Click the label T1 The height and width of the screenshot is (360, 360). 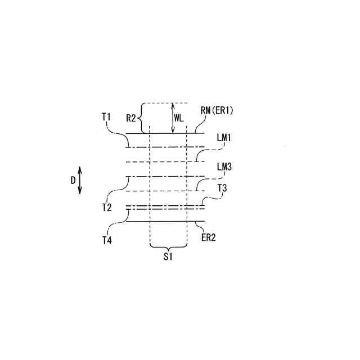(106, 116)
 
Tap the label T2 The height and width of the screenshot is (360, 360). (106, 208)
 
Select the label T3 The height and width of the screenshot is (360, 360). (222, 188)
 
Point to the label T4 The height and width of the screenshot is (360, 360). (106, 240)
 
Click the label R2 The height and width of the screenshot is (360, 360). (130, 118)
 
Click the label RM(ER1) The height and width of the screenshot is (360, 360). (217, 111)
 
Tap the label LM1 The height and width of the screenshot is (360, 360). (224, 137)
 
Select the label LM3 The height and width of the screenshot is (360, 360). (224, 167)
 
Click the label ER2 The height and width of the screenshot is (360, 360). (209, 237)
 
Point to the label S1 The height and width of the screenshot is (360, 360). (168, 257)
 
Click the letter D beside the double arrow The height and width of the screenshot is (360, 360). (73, 180)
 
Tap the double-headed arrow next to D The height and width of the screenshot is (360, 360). (80, 180)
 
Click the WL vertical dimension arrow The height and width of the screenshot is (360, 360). (173, 118)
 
